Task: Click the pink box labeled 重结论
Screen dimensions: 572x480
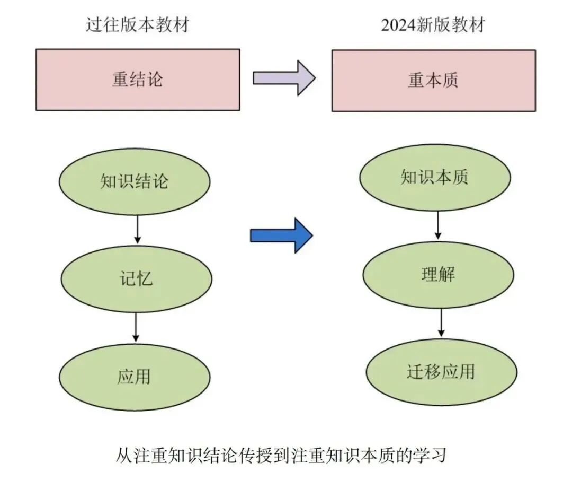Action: (x=138, y=80)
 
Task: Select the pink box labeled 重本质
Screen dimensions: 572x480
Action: (x=433, y=81)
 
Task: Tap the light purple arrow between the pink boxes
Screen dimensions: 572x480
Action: (x=284, y=78)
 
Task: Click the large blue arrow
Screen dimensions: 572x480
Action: (x=281, y=235)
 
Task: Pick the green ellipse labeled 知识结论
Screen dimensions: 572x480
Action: (x=135, y=181)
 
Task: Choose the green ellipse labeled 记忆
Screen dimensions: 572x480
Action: (x=136, y=279)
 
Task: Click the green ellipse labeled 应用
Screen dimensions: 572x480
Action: (x=135, y=377)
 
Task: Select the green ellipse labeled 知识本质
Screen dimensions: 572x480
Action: (x=435, y=177)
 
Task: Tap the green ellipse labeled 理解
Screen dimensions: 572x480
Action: (x=438, y=275)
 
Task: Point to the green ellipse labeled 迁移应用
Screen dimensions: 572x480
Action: (x=441, y=372)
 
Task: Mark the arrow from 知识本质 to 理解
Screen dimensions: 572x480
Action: (x=438, y=225)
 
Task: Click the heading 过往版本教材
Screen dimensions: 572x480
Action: (x=138, y=25)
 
